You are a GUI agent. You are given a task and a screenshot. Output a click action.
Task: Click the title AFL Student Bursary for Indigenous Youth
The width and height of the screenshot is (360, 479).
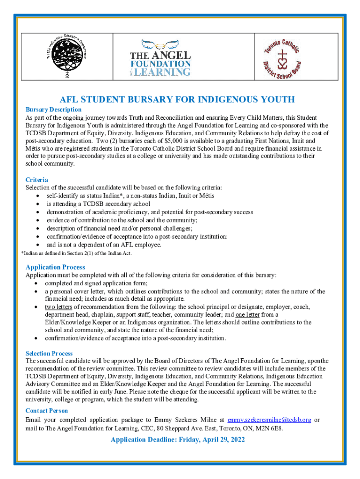pyautogui.click(x=177, y=99)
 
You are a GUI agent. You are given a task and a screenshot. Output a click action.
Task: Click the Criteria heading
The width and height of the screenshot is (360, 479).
pyautogui.click(x=36, y=180)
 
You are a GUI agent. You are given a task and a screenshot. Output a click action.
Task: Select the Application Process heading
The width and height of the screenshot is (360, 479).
pyautogui.click(x=55, y=267)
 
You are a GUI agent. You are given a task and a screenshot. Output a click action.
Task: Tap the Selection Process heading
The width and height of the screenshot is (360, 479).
pyautogui.click(x=49, y=354)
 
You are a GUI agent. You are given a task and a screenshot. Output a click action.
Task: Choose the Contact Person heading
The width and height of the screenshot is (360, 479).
pyautogui.click(x=47, y=411)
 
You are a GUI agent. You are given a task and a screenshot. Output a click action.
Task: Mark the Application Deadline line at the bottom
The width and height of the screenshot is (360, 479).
pyautogui.click(x=178, y=440)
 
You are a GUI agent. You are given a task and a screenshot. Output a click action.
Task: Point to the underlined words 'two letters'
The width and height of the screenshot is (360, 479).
pyautogui.click(x=58, y=307)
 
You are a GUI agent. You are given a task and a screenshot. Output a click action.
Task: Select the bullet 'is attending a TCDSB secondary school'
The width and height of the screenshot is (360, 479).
pyautogui.click(x=98, y=203)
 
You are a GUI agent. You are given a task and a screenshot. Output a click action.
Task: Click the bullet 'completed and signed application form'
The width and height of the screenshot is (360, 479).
pyautogui.click(x=96, y=283)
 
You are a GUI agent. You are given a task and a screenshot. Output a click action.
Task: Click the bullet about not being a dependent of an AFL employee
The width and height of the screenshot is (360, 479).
pyautogui.click(x=104, y=245)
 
